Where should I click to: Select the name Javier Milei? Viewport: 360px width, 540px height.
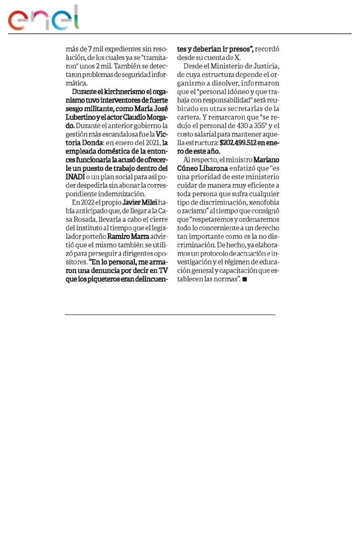pos(140,202)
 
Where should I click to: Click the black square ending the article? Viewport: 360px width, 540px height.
pos(245,279)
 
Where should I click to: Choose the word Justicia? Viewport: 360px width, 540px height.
pos(266,67)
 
